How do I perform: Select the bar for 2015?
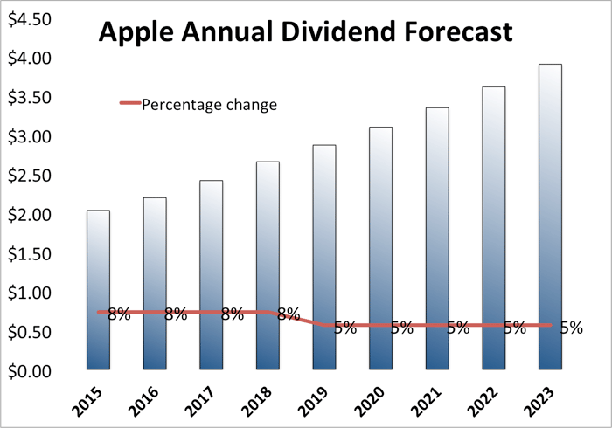point(98,288)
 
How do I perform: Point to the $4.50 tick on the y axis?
point(29,19)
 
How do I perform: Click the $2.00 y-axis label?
point(29,215)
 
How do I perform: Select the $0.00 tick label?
point(29,371)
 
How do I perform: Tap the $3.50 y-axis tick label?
point(29,97)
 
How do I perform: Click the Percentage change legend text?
point(210,105)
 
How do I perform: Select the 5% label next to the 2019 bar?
point(344,328)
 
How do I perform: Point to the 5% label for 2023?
point(572,328)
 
